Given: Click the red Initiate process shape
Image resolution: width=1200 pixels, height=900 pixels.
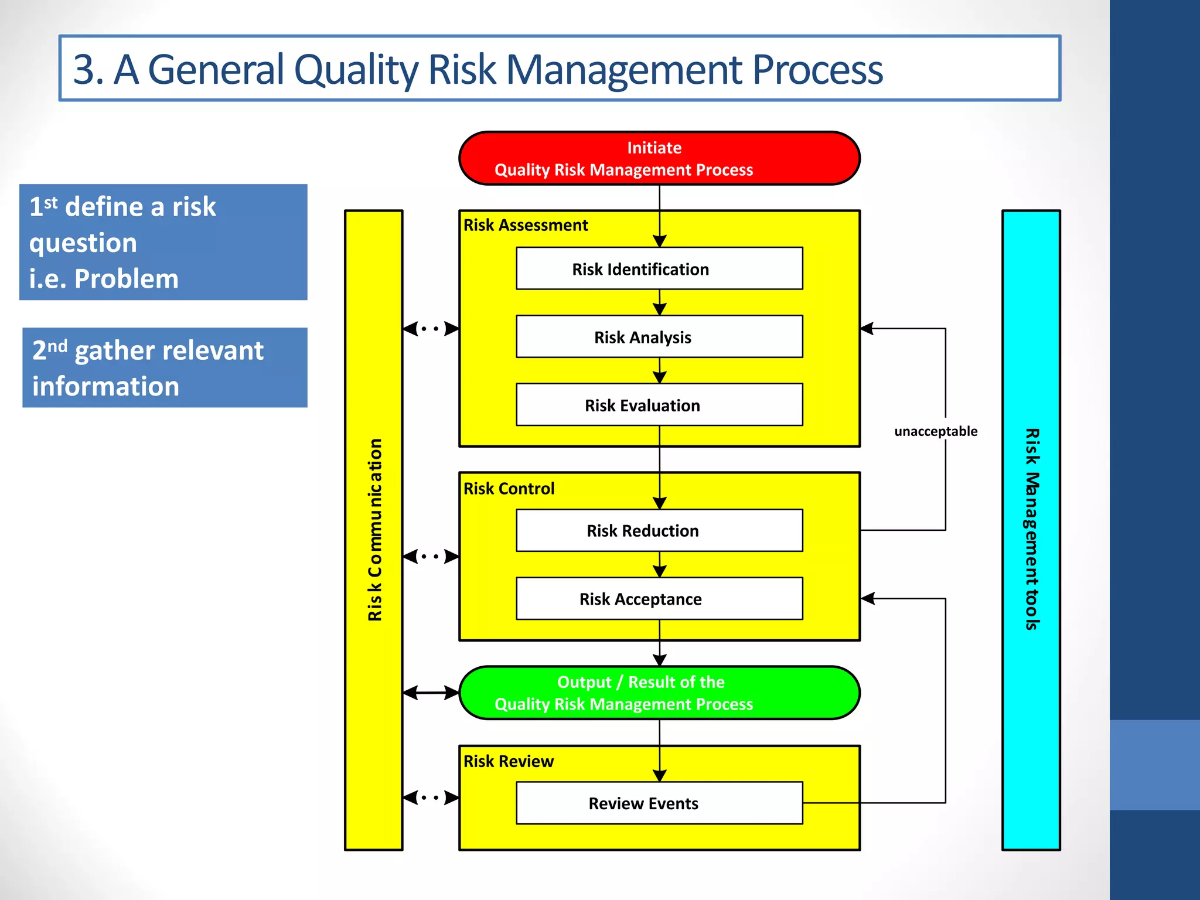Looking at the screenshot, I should click(659, 158).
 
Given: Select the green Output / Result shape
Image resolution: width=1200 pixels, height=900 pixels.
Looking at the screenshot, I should click(659, 693).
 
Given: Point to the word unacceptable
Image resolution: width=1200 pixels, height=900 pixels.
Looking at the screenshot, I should click(936, 431).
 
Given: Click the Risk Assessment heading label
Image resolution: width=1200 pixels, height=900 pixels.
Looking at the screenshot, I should click(526, 225).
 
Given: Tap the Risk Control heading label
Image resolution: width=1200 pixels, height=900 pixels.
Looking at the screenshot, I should click(509, 488).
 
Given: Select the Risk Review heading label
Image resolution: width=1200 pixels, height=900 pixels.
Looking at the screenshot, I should click(508, 761).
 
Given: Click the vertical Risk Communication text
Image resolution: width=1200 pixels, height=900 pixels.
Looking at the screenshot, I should click(374, 530).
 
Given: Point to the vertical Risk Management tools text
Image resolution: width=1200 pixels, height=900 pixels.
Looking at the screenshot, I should click(1032, 529).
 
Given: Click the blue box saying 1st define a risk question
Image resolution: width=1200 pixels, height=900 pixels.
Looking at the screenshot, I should click(163, 242).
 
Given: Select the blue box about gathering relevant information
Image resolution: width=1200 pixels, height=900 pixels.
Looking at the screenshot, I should click(165, 367).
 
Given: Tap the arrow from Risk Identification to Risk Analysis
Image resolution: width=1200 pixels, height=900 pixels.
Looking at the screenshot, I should click(660, 303).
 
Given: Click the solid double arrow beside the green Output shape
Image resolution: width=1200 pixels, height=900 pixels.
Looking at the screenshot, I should click(431, 693).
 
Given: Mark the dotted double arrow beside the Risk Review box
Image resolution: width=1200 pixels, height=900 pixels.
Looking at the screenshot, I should click(431, 797).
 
